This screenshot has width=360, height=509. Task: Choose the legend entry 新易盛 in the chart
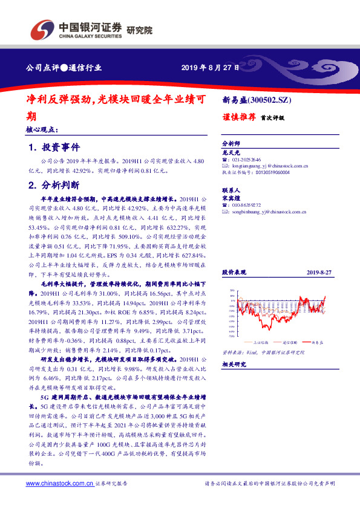tap(318, 342)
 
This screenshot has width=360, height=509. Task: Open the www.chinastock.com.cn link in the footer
tap(59, 484)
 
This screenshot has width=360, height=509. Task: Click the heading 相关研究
tap(232, 365)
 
